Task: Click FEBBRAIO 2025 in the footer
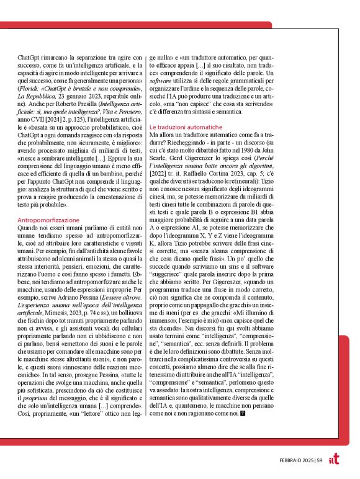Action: click(298, 459)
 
